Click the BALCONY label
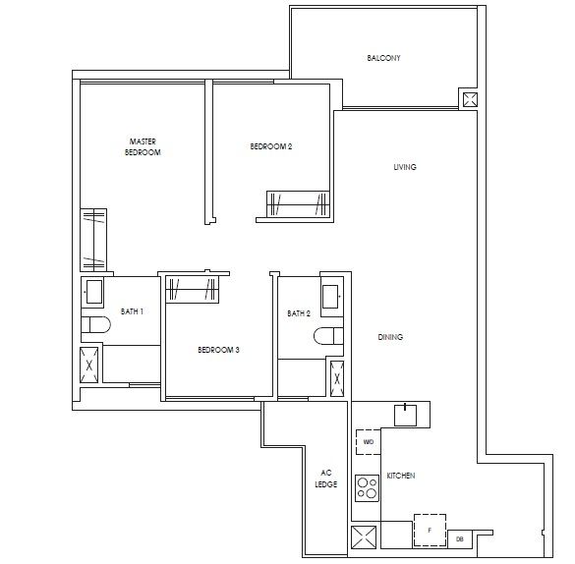(383, 58)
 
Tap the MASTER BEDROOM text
(143, 147)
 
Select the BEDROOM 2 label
(271, 147)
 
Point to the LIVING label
(404, 167)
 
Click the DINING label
(390, 337)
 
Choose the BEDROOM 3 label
(218, 350)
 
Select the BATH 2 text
(299, 313)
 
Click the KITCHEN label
(401, 476)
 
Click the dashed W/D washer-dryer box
(368, 443)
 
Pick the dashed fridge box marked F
(429, 530)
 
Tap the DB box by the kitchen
(460, 538)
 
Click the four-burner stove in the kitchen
(368, 488)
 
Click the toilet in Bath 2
(327, 337)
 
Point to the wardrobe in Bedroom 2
(299, 204)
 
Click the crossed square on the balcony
(469, 99)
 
